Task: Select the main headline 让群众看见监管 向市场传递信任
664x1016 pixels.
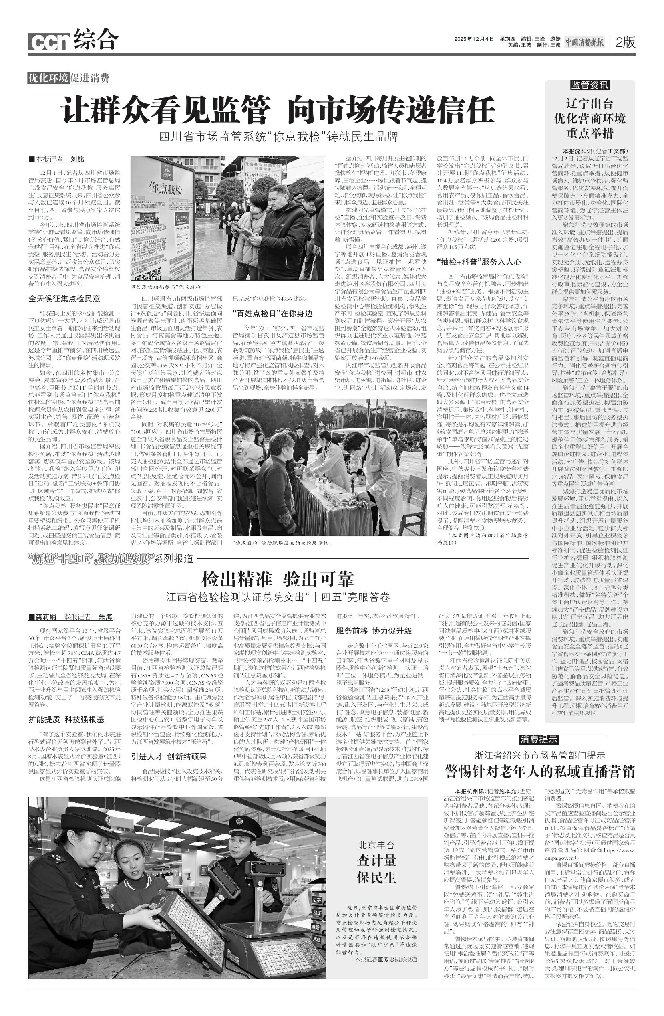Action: [278, 110]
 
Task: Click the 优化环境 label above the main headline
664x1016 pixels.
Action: [48, 78]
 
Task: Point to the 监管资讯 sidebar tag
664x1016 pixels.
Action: [590, 85]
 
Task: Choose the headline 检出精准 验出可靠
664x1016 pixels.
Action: [278, 579]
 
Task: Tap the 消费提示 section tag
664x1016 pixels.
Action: [539, 739]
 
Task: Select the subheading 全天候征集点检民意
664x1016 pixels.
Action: [64, 299]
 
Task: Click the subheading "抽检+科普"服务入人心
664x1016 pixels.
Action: [479, 262]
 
